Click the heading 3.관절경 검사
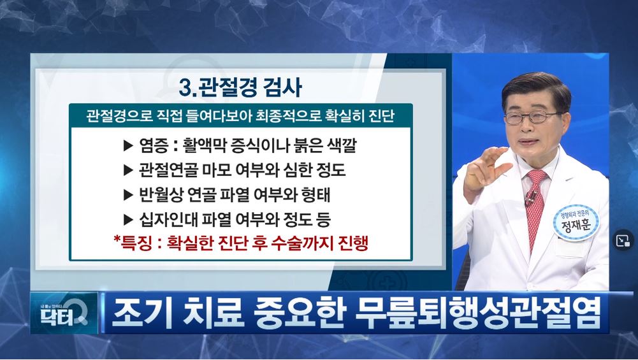(240, 87)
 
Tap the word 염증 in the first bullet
(153, 145)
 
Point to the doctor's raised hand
(486, 170)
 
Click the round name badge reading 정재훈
(576, 222)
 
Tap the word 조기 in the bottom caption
(139, 313)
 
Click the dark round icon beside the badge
(623, 240)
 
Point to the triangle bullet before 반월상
(128, 195)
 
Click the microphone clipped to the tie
(530, 198)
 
